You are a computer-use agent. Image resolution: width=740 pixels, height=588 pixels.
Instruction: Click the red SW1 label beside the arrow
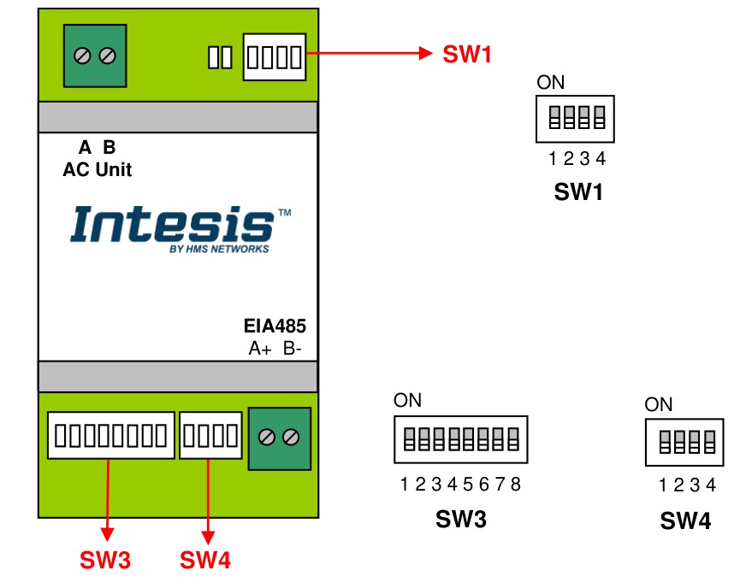[x=467, y=55]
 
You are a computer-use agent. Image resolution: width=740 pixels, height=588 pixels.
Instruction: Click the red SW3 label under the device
[x=105, y=561]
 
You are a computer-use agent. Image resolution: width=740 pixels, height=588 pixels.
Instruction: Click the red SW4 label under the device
[x=204, y=561]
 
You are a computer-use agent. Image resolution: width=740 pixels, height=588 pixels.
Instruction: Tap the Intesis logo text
[x=171, y=225]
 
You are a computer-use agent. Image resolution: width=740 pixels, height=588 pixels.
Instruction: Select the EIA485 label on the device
[x=275, y=326]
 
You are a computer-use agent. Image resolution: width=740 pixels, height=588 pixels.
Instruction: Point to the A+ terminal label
[x=260, y=349]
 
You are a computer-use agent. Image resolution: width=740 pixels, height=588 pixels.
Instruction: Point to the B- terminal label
[x=293, y=349]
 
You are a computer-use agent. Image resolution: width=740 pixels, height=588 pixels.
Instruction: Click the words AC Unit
[x=98, y=169]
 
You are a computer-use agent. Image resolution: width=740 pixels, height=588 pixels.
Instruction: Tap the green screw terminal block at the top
[x=95, y=56]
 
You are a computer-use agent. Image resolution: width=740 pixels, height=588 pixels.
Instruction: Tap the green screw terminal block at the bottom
[x=279, y=438]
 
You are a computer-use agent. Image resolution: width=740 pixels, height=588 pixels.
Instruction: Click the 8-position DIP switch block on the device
[x=110, y=435]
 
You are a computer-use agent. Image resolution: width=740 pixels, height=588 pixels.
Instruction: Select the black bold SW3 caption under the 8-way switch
[x=461, y=519]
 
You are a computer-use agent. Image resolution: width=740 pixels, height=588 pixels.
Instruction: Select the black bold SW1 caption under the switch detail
[x=578, y=192]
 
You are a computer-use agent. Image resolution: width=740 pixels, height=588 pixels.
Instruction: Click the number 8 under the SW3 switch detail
[x=515, y=485]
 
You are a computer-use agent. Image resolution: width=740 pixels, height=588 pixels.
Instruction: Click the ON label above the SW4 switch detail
[x=659, y=404]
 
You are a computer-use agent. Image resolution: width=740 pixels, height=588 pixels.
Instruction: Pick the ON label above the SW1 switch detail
[x=551, y=83]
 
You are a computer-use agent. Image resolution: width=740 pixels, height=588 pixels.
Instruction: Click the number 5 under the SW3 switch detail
[x=467, y=485]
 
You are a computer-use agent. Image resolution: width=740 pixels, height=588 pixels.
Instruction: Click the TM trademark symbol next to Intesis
[x=284, y=211]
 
